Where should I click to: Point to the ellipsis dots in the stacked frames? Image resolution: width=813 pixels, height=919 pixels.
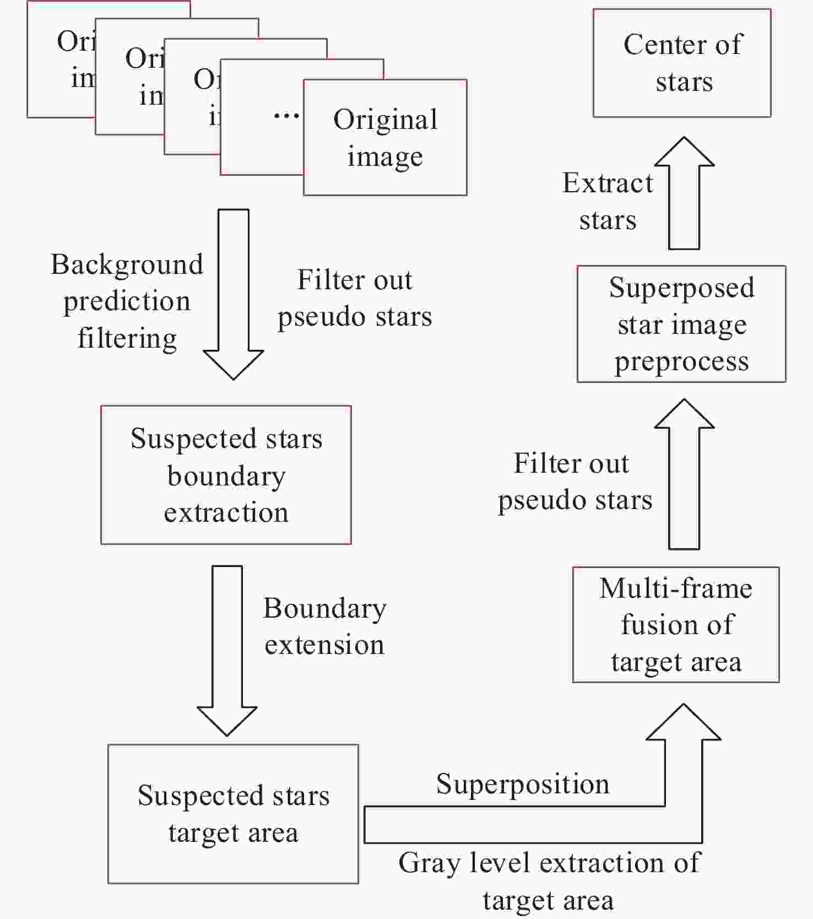[x=286, y=116]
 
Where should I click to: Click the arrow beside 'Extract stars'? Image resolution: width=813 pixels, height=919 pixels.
[x=684, y=193]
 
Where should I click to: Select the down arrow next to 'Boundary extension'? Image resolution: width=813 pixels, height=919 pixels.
[x=227, y=651]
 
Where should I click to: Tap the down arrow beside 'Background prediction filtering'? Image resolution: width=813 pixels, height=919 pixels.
[x=234, y=294]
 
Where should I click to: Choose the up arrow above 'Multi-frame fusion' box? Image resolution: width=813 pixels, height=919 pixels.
[x=684, y=474]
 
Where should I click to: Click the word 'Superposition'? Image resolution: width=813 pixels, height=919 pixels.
[x=523, y=784]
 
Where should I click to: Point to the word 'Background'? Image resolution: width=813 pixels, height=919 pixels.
[x=127, y=265]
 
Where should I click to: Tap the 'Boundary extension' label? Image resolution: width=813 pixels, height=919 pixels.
[x=324, y=626]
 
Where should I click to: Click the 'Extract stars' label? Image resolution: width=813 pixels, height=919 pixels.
[x=608, y=202]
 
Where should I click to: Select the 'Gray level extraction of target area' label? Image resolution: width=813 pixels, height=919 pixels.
[x=549, y=882]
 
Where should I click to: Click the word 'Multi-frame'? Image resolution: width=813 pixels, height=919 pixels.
[x=676, y=588]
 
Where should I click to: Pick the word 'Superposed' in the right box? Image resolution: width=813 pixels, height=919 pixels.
[x=681, y=288]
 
